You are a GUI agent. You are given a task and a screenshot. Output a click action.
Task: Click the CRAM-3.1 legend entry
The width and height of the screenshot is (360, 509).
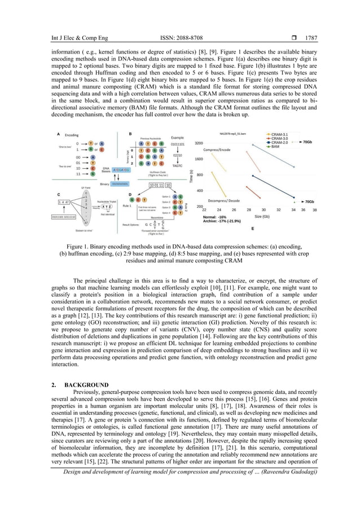(x=281, y=134)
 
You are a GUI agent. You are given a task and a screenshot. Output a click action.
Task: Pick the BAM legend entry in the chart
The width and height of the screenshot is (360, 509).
(x=276, y=147)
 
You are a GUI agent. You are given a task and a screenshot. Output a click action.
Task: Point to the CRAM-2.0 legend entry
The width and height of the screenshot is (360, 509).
(x=281, y=143)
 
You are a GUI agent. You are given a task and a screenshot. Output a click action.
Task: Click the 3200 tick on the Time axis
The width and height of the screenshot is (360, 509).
(x=199, y=143)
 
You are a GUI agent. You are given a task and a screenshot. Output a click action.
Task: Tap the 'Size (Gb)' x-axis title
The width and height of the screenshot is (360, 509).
(x=278, y=216)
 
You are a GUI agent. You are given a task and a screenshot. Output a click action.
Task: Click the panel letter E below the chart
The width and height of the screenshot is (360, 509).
(x=252, y=229)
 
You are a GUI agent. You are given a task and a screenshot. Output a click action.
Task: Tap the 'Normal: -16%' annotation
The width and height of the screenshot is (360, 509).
(x=214, y=217)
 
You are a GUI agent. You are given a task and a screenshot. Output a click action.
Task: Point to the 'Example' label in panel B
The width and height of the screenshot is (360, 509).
(x=178, y=137)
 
